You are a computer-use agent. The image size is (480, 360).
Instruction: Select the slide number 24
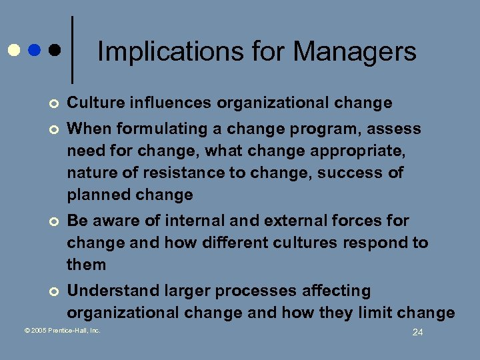coord(417,332)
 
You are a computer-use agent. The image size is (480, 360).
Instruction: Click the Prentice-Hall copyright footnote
coord(63,330)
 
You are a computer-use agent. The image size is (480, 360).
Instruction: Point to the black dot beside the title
coord(55,50)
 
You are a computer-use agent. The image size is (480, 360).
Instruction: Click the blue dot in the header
coord(35,50)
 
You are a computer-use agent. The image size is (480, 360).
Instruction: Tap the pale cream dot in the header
coord(13,50)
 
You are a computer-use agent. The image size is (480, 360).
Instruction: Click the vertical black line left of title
coord(71,50)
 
